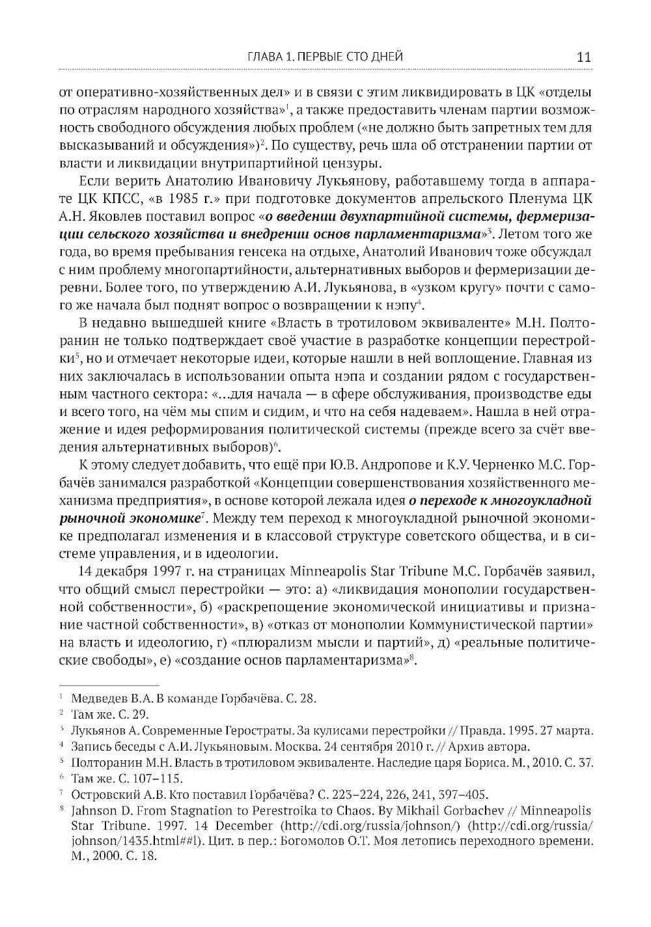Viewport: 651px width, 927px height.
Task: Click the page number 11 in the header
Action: (x=583, y=57)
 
